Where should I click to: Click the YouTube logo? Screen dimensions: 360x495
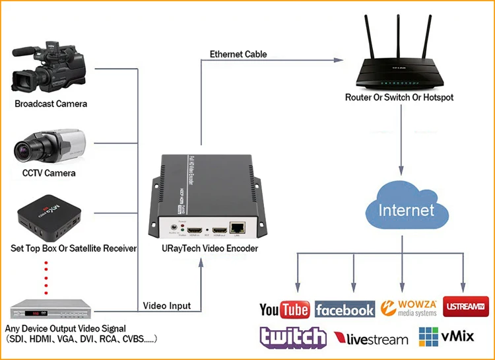tap(284, 309)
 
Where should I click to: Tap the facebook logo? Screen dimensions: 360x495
tap(345, 309)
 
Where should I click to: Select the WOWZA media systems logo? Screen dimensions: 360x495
tap(409, 308)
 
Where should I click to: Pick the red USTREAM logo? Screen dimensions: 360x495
tap(466, 307)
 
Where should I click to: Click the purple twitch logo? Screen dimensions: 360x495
tap(292, 337)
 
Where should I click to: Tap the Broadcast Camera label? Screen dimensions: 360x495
tap(51, 104)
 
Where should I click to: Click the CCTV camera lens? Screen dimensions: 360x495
tap(25, 150)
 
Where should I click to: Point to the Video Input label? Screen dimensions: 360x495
tap(167, 305)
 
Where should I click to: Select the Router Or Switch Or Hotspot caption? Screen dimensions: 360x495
tap(399, 97)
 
